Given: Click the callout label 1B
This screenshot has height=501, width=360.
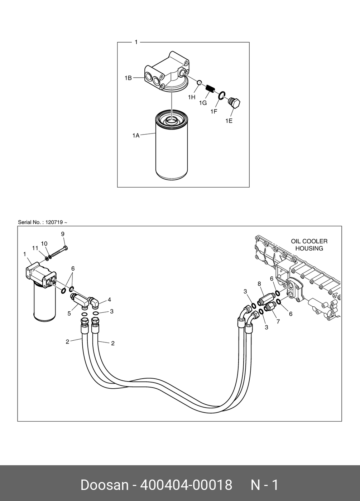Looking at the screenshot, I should tap(128, 78).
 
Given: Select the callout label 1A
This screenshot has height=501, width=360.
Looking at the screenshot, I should tap(136, 136).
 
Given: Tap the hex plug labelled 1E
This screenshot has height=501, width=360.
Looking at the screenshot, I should tap(235, 103).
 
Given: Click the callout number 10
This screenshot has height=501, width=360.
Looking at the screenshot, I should tap(44, 244).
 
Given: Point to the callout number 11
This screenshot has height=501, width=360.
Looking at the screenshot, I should tap(35, 248).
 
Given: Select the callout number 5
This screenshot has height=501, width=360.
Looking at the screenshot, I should tap(69, 313).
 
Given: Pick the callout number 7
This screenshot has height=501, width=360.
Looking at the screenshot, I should tap(278, 321).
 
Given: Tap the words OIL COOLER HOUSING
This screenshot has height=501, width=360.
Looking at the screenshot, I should tap(309, 245).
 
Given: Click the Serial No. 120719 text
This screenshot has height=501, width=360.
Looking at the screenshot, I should tap(43, 222).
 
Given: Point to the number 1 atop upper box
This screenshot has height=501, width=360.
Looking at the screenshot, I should tap(136, 42).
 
